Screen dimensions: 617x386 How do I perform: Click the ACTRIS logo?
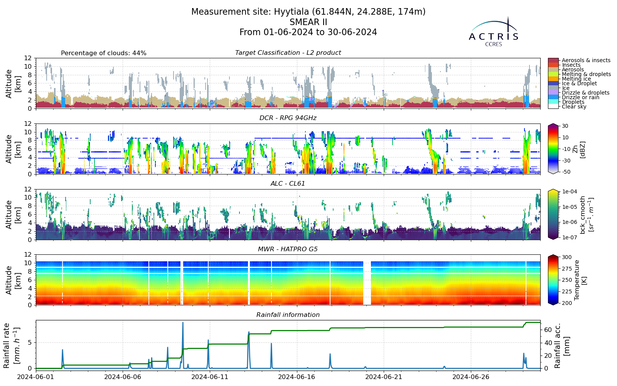point(493,32)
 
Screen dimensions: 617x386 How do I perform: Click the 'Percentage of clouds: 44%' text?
point(104,53)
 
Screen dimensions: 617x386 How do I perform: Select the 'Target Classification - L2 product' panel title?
point(288,52)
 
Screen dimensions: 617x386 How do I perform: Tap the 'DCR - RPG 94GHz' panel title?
point(288,118)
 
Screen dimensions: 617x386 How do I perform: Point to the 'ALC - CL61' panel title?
point(288,184)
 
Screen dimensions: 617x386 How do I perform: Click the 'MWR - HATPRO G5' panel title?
point(288,249)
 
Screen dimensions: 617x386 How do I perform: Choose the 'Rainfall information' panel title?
point(288,315)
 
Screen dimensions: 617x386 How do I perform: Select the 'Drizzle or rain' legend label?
point(581,97)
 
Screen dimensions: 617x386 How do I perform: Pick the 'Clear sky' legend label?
point(574,107)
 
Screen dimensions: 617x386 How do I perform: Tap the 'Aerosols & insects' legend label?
point(586,60)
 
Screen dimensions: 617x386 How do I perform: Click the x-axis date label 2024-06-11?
point(210,377)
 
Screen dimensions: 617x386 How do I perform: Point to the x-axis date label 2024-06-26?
point(471,377)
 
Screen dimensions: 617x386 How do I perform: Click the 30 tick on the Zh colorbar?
point(565,126)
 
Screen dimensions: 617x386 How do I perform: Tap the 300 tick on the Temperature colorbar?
point(567,257)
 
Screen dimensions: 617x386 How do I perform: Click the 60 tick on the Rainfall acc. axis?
point(548,330)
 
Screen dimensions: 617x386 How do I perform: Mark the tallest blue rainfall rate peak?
point(183,323)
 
